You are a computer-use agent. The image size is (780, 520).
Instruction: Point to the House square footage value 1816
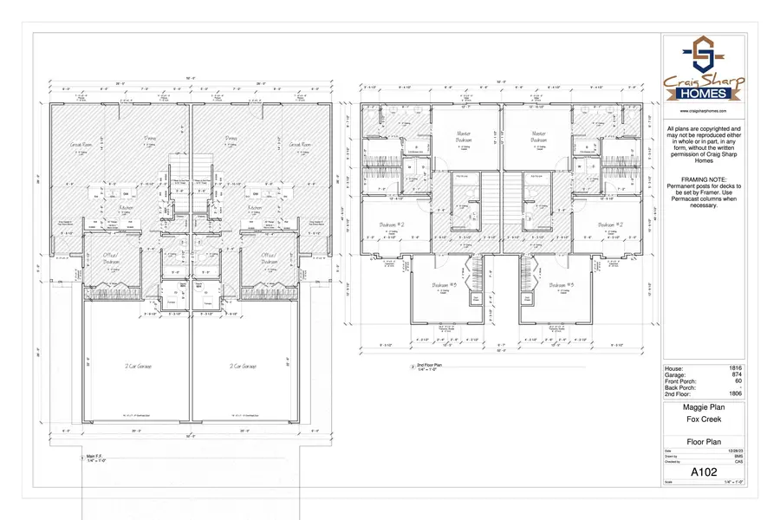point(736,368)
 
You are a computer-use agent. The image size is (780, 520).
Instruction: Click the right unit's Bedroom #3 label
point(563,285)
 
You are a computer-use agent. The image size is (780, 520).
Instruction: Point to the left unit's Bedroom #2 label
point(393,225)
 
